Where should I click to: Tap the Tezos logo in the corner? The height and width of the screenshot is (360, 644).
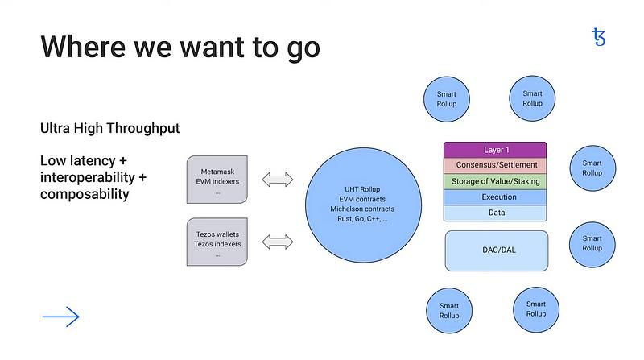(x=599, y=36)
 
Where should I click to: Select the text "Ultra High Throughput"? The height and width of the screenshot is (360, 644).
(x=109, y=128)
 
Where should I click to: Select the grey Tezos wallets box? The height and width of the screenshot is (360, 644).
(x=217, y=242)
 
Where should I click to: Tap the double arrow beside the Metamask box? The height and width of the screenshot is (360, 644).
(x=278, y=179)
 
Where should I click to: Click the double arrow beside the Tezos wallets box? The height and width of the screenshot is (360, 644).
(x=278, y=241)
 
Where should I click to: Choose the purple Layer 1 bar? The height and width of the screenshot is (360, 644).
(x=495, y=150)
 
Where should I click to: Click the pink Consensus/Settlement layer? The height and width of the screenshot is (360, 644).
(x=495, y=165)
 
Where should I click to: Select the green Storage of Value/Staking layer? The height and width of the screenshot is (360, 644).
(x=495, y=181)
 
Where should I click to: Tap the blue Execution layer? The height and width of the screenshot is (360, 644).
(x=495, y=197)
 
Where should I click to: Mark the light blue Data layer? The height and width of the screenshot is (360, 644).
(x=495, y=213)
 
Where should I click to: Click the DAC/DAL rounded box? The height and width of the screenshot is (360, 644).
(x=496, y=250)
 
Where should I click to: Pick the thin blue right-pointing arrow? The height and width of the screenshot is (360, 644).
(x=61, y=317)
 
